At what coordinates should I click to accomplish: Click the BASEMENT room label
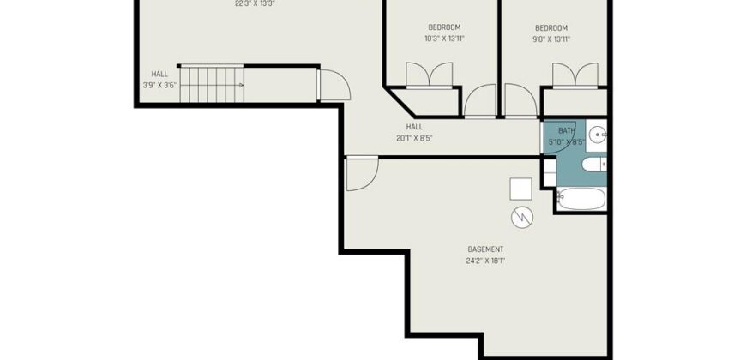(x=485, y=249)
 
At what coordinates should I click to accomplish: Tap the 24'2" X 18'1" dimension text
(x=485, y=261)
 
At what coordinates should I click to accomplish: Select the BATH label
(x=567, y=130)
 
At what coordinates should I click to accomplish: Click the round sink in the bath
(x=598, y=135)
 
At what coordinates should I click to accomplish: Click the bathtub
(x=581, y=199)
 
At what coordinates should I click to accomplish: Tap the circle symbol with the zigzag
(x=522, y=218)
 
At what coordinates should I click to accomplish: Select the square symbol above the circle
(x=521, y=189)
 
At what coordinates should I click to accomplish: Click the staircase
(x=212, y=85)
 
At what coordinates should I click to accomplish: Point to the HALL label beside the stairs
(x=159, y=75)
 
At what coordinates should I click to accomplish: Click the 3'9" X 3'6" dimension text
(x=159, y=86)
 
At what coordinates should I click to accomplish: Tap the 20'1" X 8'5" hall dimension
(x=414, y=138)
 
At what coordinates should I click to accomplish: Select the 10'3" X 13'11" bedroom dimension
(x=444, y=39)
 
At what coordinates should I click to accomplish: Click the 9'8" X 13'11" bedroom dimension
(x=551, y=39)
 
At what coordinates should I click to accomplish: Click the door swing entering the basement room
(x=362, y=174)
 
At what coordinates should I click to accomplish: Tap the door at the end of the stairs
(x=334, y=85)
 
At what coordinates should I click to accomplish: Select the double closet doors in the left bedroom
(x=429, y=75)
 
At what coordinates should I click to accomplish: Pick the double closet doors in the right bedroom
(x=575, y=75)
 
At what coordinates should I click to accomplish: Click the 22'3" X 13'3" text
(x=255, y=3)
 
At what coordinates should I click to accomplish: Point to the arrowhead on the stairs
(x=242, y=85)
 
